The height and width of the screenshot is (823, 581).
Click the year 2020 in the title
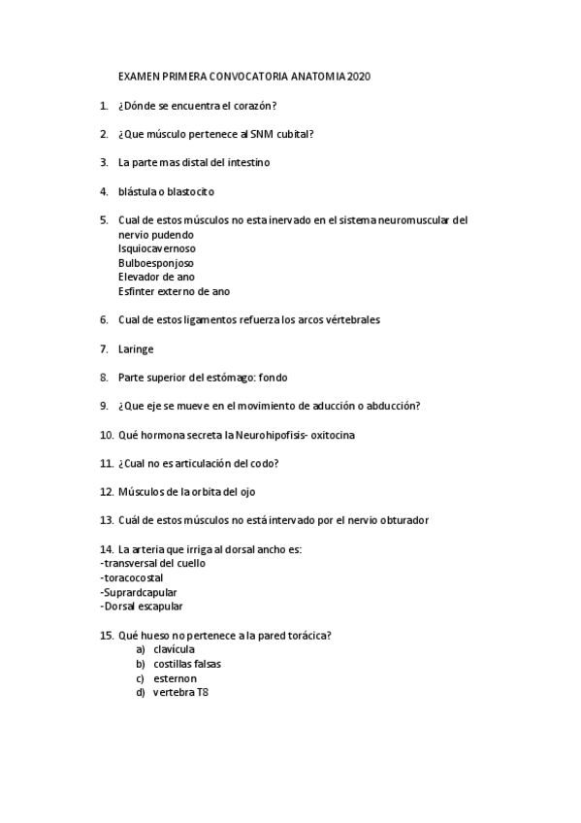click(358, 75)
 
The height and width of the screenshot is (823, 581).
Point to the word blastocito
click(188, 191)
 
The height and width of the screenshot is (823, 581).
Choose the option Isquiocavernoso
click(157, 248)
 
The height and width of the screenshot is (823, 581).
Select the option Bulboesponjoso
click(156, 262)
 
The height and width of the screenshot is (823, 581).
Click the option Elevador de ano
click(156, 277)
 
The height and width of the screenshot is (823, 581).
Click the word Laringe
click(136, 348)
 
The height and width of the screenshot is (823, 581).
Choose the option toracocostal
click(137, 577)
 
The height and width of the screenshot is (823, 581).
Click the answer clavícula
click(175, 649)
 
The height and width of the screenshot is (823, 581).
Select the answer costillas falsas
click(187, 664)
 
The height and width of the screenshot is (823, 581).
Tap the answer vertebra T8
click(180, 693)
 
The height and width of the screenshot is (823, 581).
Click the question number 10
click(107, 435)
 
